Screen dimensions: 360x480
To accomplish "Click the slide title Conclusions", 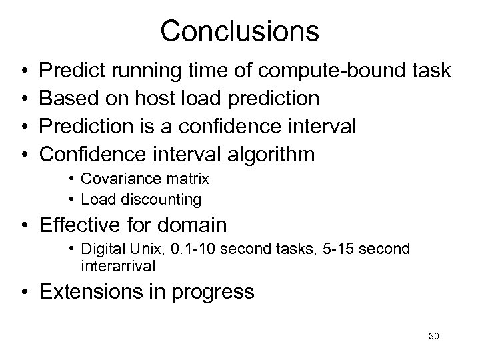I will [240, 31].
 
